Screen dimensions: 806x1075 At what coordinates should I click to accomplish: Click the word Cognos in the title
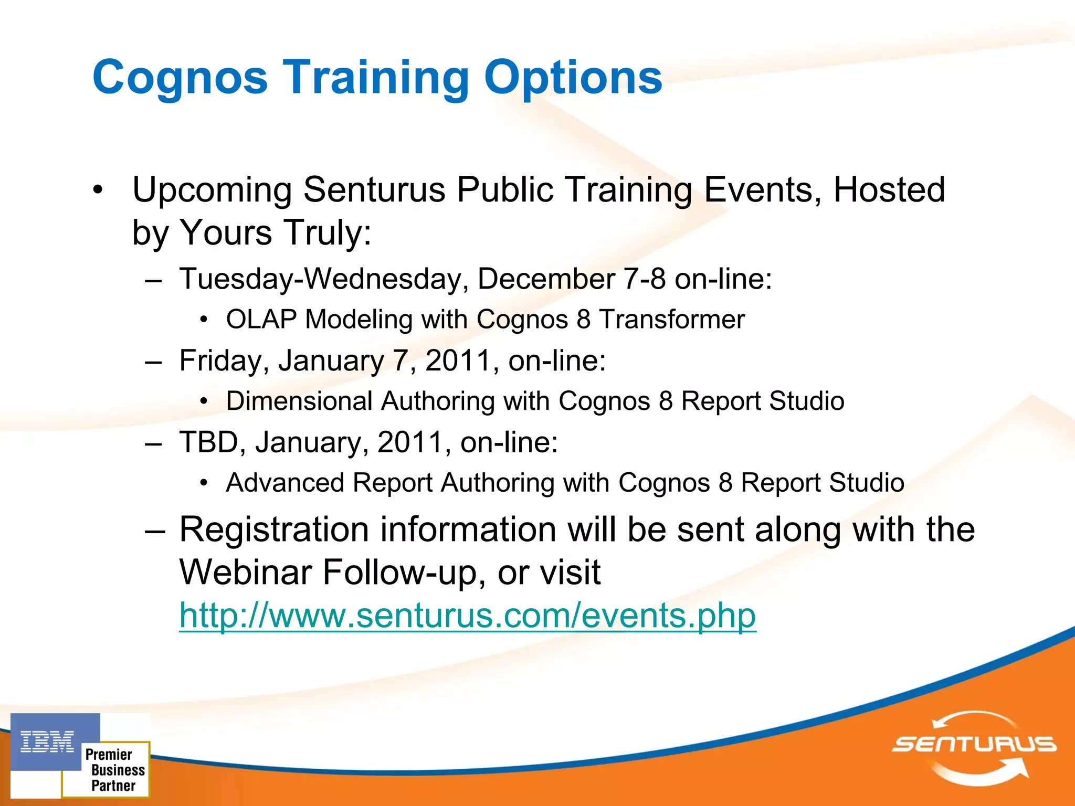pyautogui.click(x=180, y=78)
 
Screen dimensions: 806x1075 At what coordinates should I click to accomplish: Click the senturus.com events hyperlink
pyautogui.click(x=467, y=615)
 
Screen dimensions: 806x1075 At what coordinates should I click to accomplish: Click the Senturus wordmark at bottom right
pyautogui.click(x=974, y=744)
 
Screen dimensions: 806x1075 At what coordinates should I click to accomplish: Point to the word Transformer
pyautogui.click(x=672, y=319)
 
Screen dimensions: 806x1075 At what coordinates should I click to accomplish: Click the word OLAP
pyautogui.click(x=261, y=319)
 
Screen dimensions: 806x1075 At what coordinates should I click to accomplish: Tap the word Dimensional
pyautogui.click(x=299, y=401)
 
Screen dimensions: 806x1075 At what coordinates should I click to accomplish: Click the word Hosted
pyautogui.click(x=889, y=189)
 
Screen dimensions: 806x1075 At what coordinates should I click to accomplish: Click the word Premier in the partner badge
pyautogui.click(x=109, y=755)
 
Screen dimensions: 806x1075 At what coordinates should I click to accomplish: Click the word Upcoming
pyautogui.click(x=212, y=190)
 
